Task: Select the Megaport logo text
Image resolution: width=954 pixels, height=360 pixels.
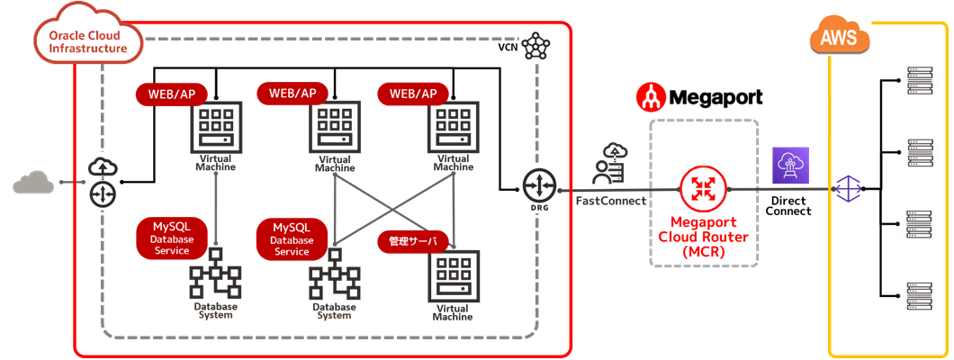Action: pos(699,96)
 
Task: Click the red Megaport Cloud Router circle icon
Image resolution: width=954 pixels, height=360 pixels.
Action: pos(702,189)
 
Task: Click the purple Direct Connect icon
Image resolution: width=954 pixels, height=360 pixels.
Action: pos(791,166)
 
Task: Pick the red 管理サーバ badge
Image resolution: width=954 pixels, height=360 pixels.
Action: pos(412,241)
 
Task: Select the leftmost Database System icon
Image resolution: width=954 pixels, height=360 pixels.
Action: pos(215,274)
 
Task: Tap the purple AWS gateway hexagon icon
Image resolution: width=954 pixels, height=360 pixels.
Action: pos(849,188)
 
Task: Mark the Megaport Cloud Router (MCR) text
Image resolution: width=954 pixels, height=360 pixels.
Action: pos(702,238)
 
